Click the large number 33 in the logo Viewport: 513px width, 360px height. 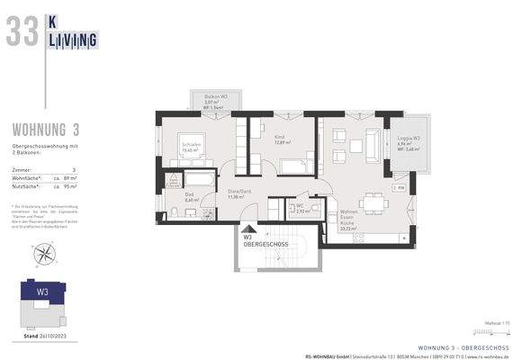tap(22, 31)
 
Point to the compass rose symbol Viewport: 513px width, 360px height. tap(42, 254)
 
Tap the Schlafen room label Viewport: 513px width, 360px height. tap(190, 144)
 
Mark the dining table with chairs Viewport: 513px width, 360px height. tap(375, 202)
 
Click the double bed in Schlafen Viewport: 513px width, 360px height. tap(195, 149)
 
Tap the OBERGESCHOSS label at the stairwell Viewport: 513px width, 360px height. tap(265, 244)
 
